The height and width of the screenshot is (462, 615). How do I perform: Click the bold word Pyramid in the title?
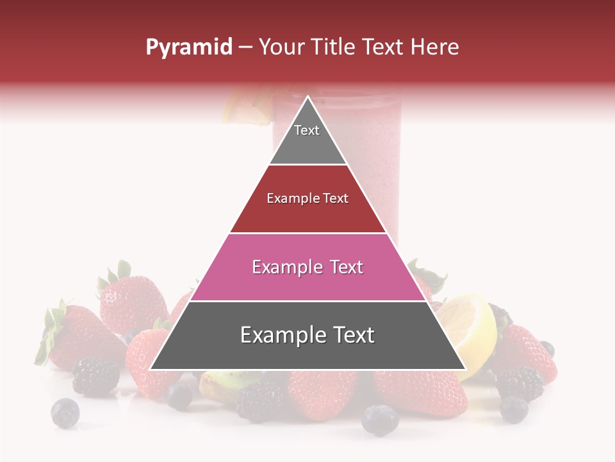(x=188, y=47)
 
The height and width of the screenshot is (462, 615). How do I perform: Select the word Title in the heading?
(x=334, y=47)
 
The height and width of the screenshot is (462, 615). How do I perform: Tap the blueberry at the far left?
(x=65, y=412)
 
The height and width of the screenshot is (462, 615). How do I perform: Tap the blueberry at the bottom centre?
(x=379, y=420)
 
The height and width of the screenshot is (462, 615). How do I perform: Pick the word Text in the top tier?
(x=307, y=130)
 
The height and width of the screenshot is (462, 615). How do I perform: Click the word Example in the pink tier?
(x=279, y=267)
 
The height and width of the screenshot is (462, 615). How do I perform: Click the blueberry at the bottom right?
(x=514, y=409)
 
